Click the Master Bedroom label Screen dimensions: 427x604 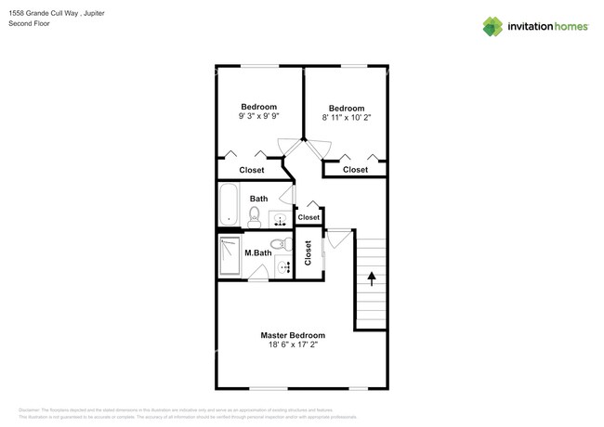[x=293, y=334]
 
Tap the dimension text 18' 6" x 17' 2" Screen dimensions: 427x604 [x=293, y=344]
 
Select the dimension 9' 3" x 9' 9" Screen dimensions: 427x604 [x=259, y=117]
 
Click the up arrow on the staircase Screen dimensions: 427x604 [x=371, y=277]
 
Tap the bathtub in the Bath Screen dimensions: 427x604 [x=229, y=205]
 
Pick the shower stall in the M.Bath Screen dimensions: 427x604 [x=230, y=257]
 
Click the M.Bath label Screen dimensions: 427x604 [x=257, y=252]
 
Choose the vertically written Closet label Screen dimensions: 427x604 [x=308, y=252]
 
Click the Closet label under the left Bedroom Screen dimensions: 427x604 [x=252, y=170]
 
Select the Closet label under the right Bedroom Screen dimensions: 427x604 [x=355, y=170]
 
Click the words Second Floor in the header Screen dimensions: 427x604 [x=32, y=23]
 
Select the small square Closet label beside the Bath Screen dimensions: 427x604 [x=309, y=217]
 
